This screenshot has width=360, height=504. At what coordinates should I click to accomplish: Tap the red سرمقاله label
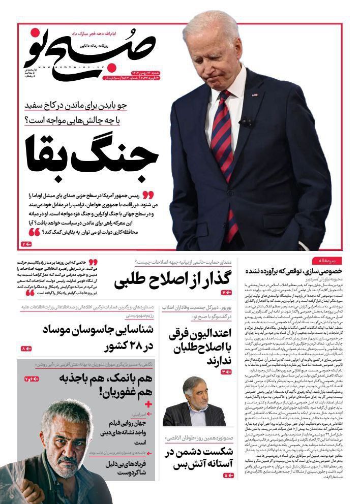[326, 260]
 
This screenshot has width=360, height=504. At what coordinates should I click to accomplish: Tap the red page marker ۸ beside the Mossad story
[26, 349]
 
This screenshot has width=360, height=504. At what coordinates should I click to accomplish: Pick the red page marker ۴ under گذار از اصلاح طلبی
[227, 293]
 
